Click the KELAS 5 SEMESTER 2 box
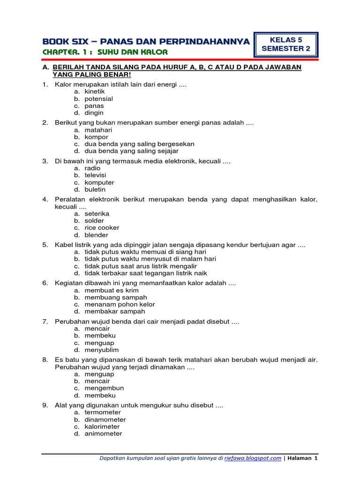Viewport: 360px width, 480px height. (285, 45)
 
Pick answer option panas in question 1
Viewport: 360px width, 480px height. (94, 106)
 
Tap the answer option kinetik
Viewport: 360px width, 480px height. (95, 92)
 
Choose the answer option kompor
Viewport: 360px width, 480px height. (96, 137)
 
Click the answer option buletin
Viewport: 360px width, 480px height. (95, 189)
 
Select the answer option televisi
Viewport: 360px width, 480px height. (96, 175)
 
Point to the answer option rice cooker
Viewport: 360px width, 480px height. (102, 228)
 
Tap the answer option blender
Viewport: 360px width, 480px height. (96, 235)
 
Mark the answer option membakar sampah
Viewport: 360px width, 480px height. (114, 311)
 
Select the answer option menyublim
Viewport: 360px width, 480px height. (101, 350)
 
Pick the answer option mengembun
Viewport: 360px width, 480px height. (104, 388)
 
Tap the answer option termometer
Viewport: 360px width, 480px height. (103, 412)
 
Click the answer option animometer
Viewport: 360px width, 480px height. (103, 434)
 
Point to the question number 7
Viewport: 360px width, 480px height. (45, 322)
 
